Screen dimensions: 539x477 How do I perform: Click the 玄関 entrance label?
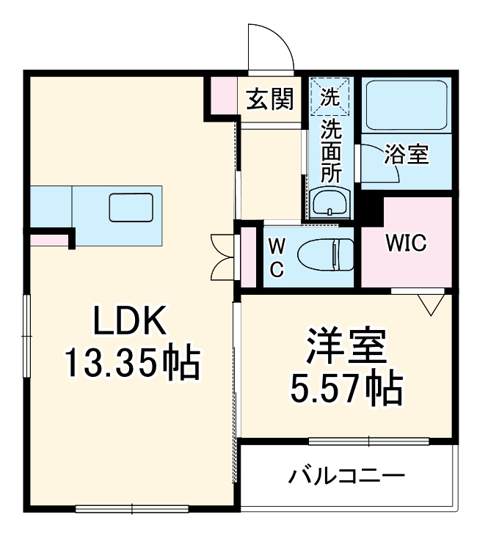point(269,98)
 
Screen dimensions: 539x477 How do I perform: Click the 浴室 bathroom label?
point(406,155)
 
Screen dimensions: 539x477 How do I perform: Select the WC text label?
point(277,257)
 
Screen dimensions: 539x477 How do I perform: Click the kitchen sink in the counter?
point(131,208)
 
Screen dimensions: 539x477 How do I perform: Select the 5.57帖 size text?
point(345,388)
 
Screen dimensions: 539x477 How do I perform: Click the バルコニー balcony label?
point(346,476)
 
